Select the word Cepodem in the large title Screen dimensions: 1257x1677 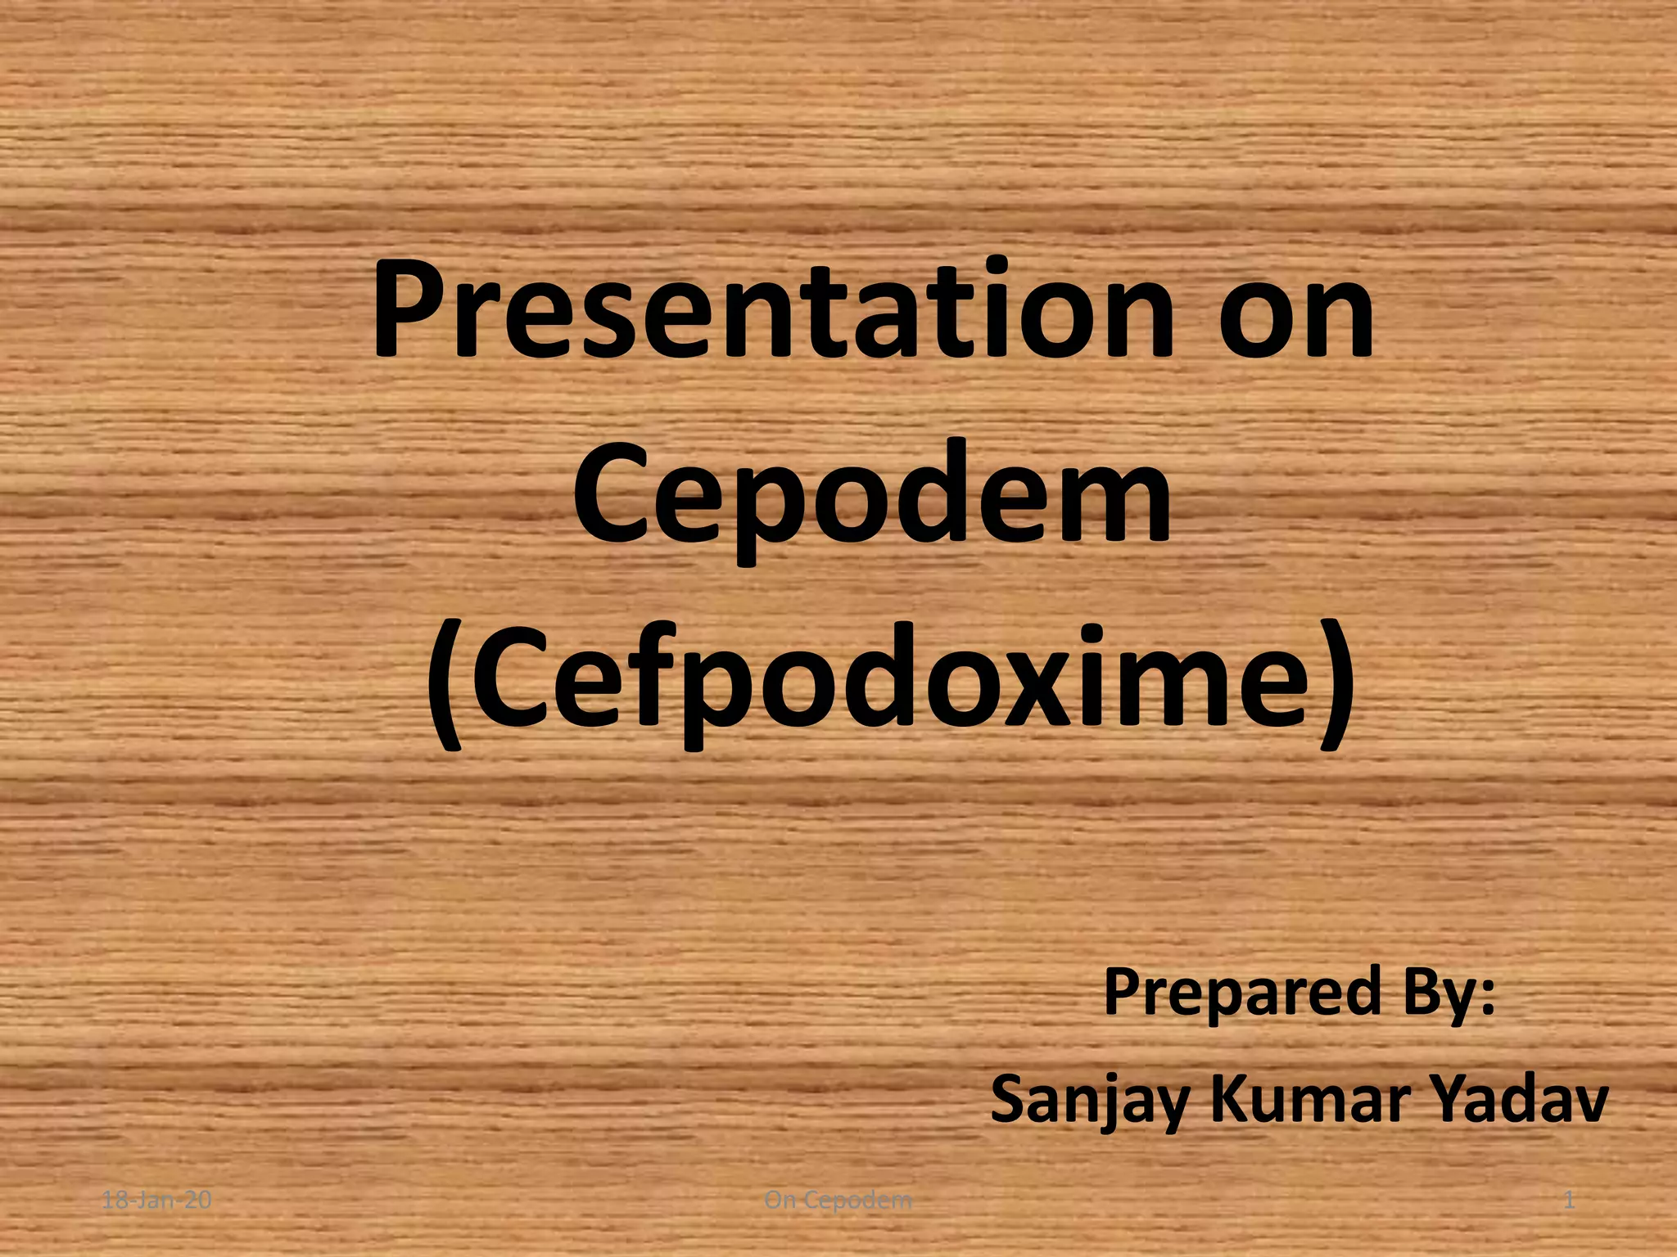tap(872, 495)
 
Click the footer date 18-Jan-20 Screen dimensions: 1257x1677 tap(156, 1201)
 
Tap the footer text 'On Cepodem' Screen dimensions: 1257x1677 tap(838, 1201)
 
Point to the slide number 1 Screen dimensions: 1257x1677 tap(1569, 1201)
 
